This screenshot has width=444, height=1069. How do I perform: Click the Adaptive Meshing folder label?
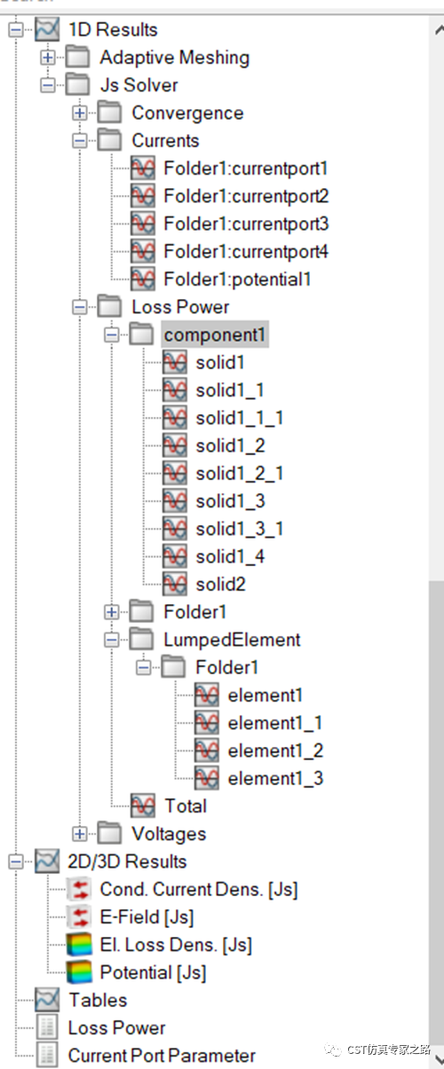(174, 58)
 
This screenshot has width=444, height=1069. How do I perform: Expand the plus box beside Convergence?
(80, 113)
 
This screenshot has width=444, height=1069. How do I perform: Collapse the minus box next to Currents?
(80, 141)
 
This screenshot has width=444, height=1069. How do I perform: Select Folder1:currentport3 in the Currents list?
(246, 224)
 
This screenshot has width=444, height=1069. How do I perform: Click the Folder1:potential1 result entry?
(237, 279)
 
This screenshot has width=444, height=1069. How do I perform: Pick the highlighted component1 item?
(215, 334)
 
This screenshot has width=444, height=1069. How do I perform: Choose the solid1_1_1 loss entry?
(240, 418)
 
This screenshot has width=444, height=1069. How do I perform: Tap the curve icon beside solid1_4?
(175, 556)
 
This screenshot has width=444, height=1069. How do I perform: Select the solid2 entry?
(221, 584)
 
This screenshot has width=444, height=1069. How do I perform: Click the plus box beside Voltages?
(80, 834)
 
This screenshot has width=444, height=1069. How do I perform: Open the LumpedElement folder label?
(232, 640)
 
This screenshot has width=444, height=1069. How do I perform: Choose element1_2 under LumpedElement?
(275, 751)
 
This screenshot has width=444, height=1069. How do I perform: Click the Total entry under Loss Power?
(186, 806)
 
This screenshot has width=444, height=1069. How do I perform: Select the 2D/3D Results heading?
(127, 861)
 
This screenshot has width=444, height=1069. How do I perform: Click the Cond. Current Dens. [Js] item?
(199, 889)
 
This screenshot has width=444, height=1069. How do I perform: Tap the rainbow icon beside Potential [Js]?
(79, 972)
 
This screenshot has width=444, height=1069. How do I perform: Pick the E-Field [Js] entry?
(147, 916)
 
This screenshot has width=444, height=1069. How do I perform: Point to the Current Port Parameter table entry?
(162, 1055)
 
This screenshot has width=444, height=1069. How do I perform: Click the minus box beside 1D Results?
(16, 30)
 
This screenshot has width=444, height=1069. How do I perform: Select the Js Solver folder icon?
(77, 85)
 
